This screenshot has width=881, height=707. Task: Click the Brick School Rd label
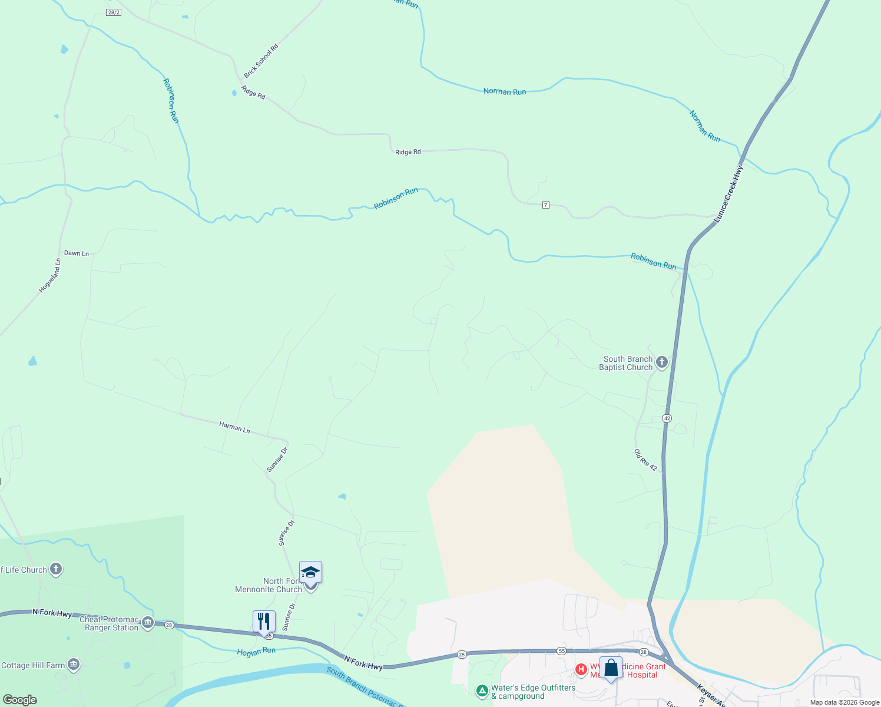coord(261,61)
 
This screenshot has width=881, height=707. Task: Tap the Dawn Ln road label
coord(77,253)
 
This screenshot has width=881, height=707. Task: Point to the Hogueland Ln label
coord(50,276)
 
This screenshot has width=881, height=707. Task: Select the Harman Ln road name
coord(234,427)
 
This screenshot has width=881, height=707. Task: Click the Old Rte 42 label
coord(645,460)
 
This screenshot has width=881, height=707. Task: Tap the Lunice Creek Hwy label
coord(729,194)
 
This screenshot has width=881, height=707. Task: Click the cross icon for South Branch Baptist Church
coord(661,362)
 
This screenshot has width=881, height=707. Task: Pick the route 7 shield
coord(546,205)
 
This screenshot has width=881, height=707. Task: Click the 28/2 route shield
coord(114,12)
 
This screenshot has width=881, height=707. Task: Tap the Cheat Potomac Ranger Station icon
coord(148,623)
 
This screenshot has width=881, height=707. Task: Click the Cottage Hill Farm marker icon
coord(73,665)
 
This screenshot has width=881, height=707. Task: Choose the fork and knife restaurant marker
coord(264,622)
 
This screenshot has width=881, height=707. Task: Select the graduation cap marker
coord(310,572)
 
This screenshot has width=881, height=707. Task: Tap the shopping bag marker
coord(611,668)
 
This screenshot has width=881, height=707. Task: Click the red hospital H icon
coord(581,669)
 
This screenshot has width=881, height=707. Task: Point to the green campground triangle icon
coord(482,690)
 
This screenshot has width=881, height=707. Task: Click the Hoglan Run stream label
coord(256,651)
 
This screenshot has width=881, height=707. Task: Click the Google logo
coord(20,700)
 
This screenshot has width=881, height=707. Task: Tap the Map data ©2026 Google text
coord(844,702)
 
